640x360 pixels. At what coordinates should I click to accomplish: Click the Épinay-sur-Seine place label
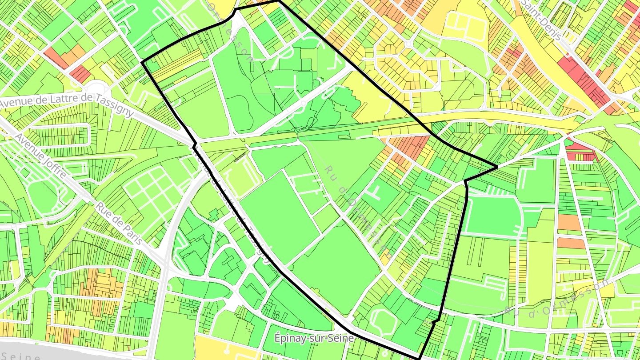click(x=315, y=338)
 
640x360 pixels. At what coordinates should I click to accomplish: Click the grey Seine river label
click(x=20, y=356)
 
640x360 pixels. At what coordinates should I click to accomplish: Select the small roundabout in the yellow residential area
click(x=408, y=44)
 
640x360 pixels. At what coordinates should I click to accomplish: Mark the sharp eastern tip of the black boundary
click(x=497, y=168)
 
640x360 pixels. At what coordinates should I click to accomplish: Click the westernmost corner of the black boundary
click(x=142, y=63)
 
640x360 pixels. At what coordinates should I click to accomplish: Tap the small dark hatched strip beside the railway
click(x=240, y=156)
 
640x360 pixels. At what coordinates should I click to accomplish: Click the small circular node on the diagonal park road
click(x=303, y=103)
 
